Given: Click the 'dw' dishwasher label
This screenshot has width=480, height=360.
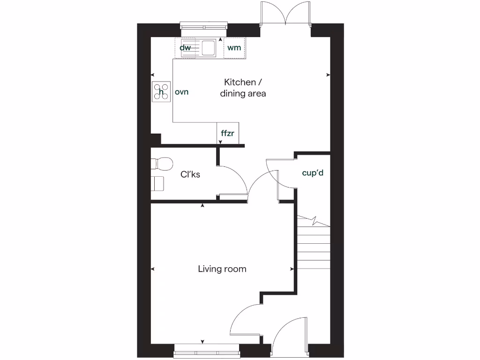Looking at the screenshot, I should pos(185,47).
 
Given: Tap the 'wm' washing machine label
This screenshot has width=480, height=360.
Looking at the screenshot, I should pos(234,47).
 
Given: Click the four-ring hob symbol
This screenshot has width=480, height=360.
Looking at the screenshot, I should pos(161,92).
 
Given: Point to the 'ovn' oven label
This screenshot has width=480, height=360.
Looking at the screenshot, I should pos(181,92).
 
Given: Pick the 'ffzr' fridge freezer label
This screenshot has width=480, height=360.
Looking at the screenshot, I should pos(227,133).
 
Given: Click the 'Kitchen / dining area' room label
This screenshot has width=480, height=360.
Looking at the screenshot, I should pos(243,88).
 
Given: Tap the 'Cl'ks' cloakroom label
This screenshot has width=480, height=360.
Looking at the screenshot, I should pos(190,174).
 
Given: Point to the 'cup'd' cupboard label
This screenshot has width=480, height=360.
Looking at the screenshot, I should pos(313,173).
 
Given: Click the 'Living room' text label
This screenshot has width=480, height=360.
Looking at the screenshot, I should pos(222,269).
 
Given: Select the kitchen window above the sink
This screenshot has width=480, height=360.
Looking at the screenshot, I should pos(203,27).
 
